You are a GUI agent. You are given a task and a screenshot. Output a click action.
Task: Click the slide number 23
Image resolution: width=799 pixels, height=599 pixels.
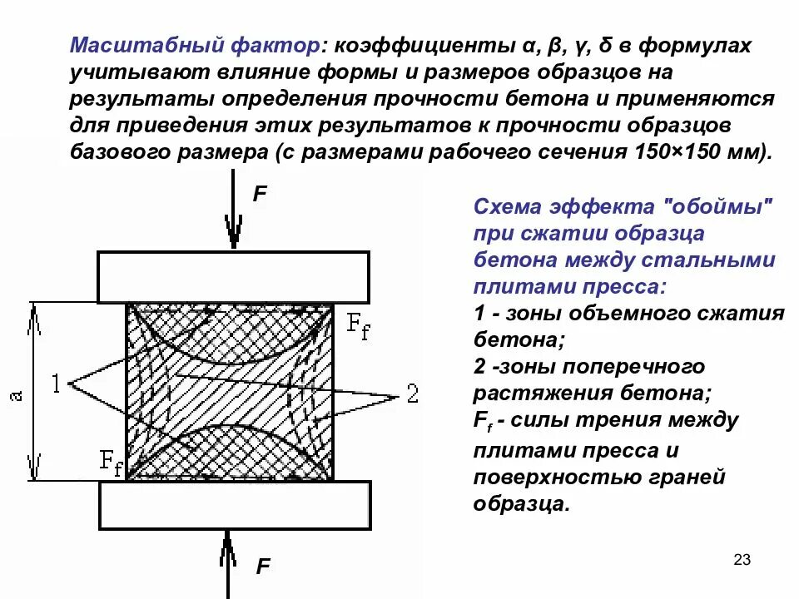(x=742, y=560)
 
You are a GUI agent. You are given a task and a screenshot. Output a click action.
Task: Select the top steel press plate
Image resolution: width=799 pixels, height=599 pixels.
(x=234, y=277)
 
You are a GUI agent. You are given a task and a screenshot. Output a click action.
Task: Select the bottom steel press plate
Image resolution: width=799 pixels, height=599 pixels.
(x=234, y=506)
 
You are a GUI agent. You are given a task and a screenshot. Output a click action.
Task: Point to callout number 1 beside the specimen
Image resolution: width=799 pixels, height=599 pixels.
(x=57, y=384)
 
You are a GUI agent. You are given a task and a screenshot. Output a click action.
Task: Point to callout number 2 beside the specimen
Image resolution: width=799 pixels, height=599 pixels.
(x=413, y=393)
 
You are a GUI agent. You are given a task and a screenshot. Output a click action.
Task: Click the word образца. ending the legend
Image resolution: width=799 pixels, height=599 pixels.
(x=522, y=504)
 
